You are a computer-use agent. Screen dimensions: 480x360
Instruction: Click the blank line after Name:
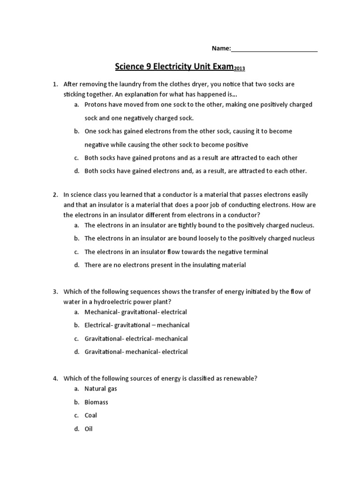click(274, 49)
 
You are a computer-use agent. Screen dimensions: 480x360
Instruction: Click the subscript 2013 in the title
click(239, 69)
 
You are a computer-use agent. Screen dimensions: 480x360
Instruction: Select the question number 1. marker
click(55, 84)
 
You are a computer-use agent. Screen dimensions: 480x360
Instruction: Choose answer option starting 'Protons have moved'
click(198, 105)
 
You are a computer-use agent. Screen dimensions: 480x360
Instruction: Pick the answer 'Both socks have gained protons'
click(191, 158)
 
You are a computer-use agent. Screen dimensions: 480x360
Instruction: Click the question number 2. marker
click(55, 195)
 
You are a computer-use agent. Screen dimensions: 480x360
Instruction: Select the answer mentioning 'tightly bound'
click(199, 225)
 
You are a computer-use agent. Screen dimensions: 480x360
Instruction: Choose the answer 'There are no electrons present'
click(165, 265)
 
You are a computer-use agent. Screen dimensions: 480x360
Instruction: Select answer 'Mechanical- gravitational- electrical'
click(135, 312)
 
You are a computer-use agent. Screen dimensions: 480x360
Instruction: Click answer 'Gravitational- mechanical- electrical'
click(136, 352)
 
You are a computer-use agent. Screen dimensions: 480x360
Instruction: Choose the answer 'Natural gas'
click(100, 389)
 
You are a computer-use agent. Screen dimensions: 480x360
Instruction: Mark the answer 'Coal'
click(90, 415)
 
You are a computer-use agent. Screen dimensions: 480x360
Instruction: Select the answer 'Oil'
click(89, 428)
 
